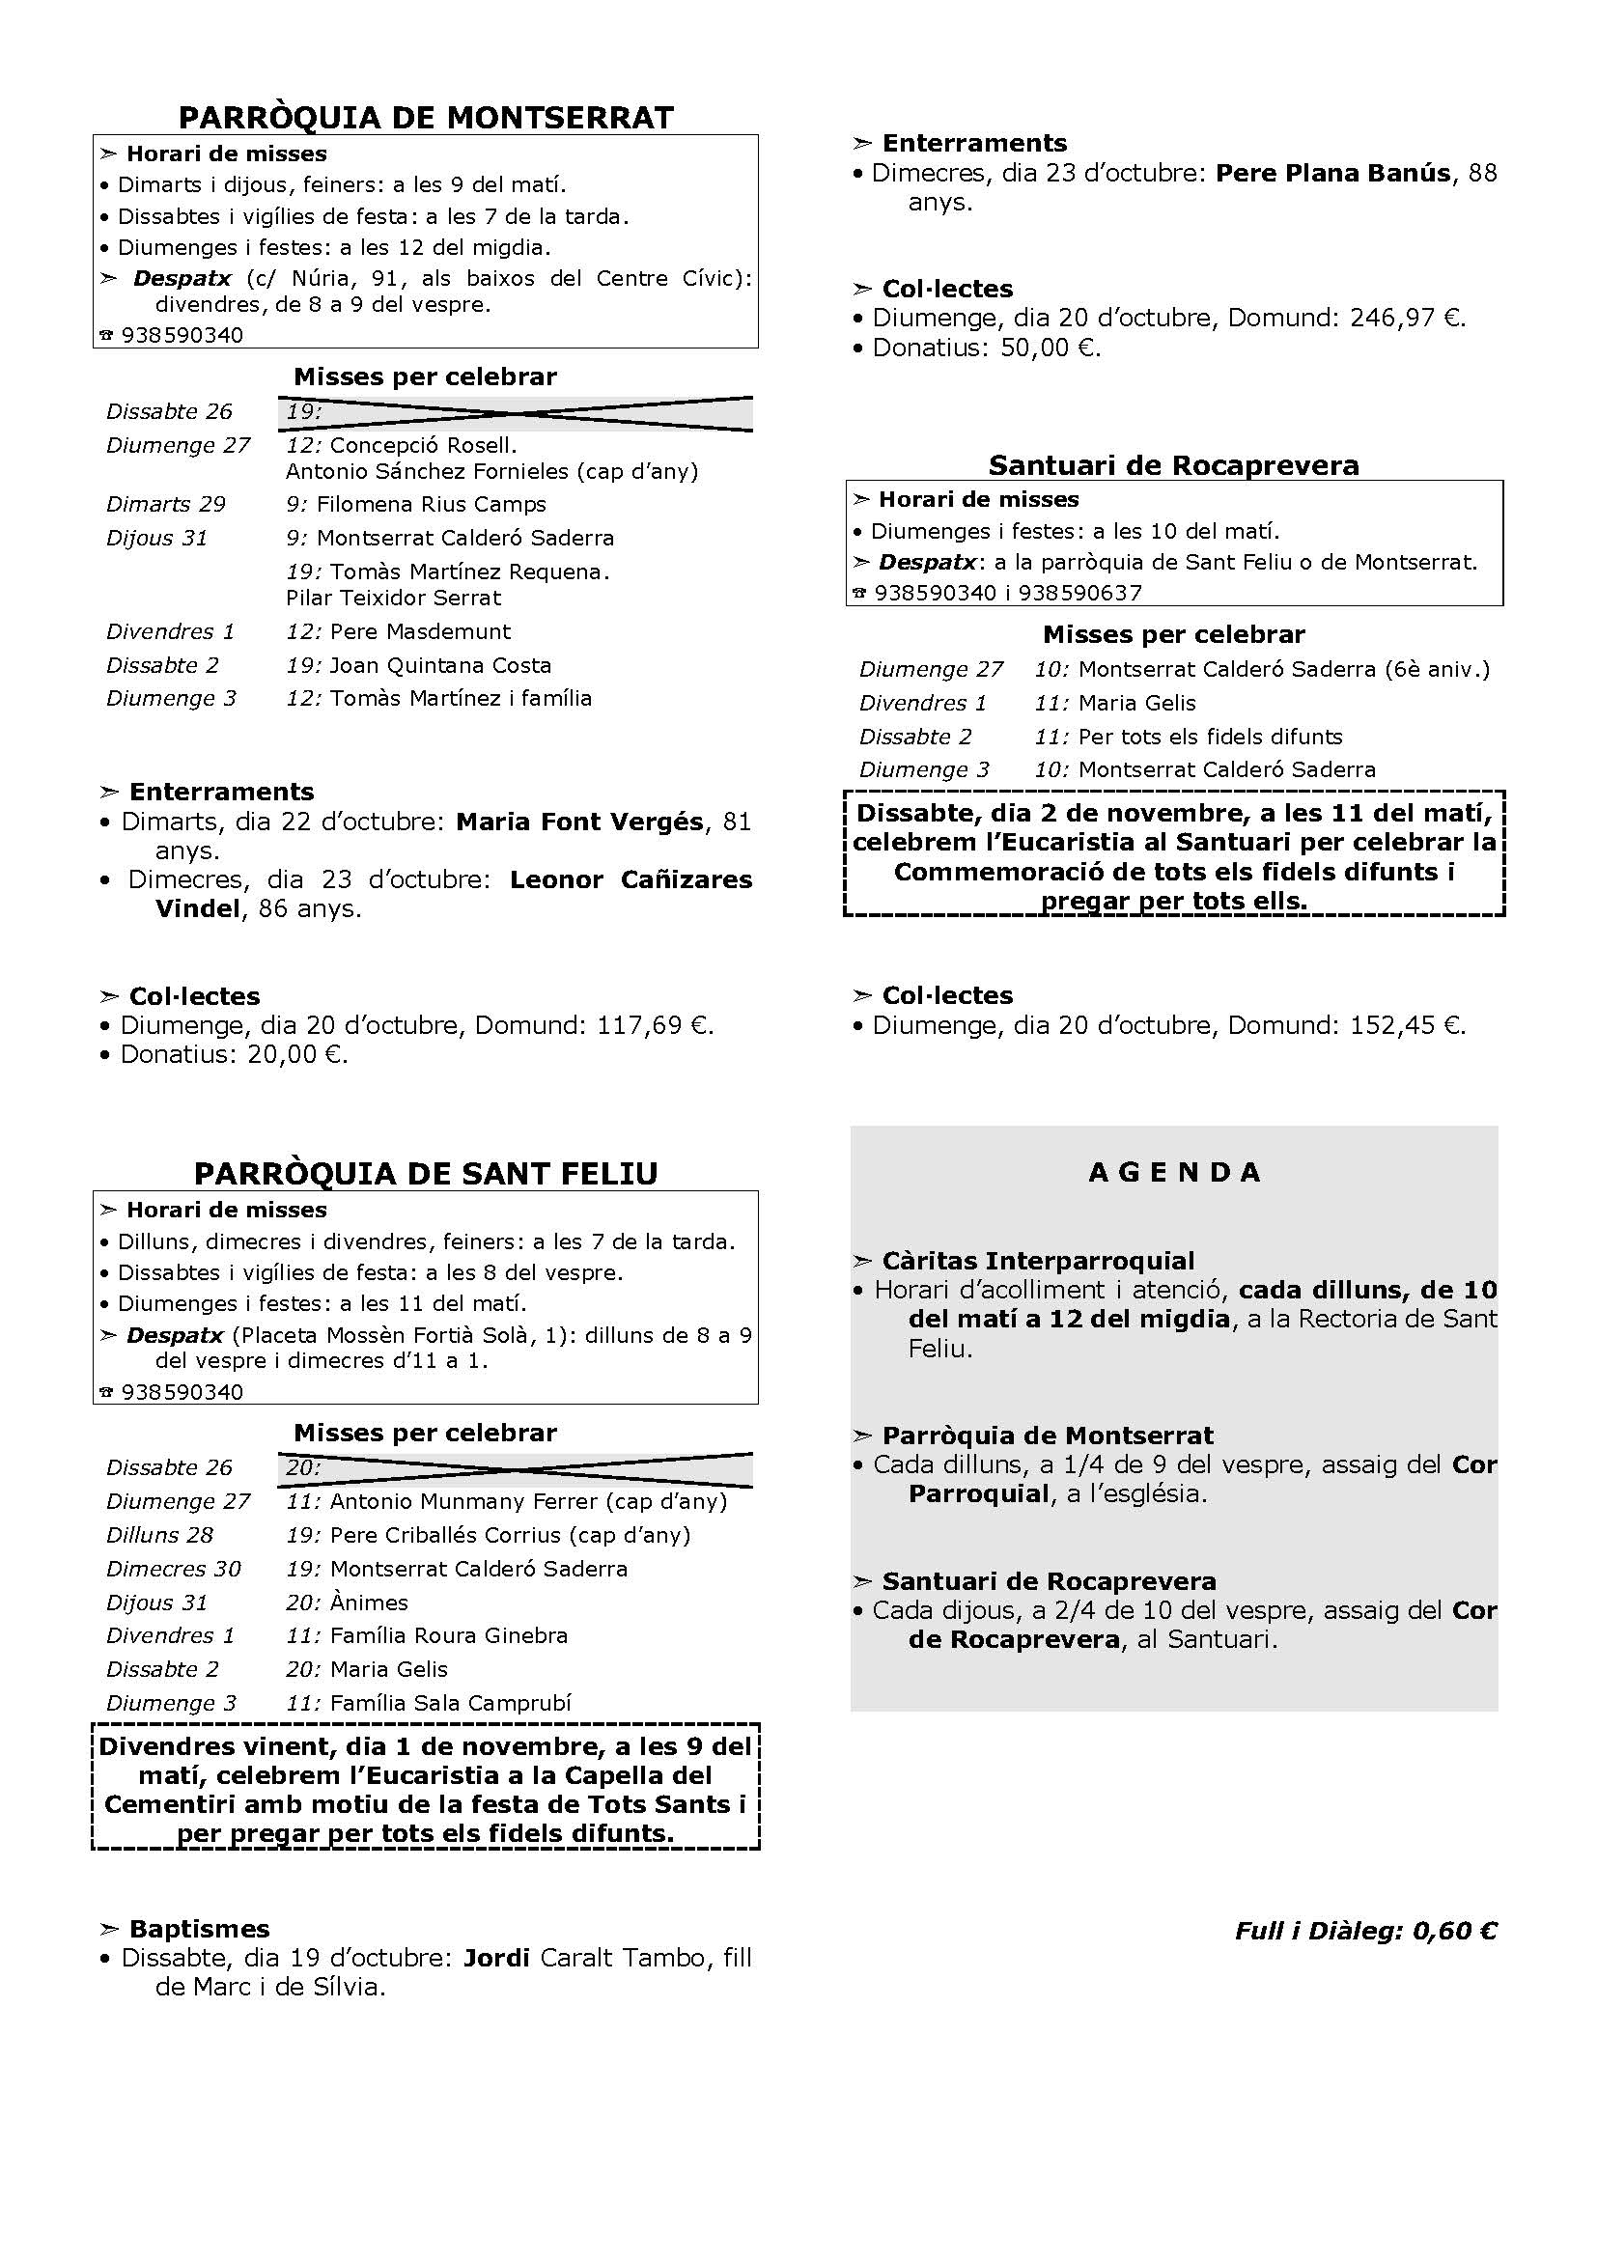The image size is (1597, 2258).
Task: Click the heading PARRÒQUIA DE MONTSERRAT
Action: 426,118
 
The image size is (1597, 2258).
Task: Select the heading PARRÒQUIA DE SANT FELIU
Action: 426,1173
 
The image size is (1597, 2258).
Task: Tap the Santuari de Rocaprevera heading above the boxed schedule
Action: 1173,465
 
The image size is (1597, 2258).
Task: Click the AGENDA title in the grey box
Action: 1174,1172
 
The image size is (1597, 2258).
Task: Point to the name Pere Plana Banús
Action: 1332,173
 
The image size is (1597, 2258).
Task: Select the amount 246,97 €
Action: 1407,319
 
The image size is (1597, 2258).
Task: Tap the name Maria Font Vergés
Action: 580,822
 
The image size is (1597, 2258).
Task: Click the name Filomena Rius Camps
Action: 431,505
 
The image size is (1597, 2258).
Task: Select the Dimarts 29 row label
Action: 166,505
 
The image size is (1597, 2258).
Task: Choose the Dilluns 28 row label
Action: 160,1535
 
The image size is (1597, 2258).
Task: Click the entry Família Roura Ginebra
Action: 448,1635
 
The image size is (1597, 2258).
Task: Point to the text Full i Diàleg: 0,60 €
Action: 1365,1931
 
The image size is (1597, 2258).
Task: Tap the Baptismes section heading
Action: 199,1929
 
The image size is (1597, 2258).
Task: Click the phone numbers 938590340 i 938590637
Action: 1007,593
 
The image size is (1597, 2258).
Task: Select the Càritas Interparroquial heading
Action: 1037,1261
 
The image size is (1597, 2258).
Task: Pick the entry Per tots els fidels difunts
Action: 1210,737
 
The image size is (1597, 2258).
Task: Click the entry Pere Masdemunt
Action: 420,631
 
